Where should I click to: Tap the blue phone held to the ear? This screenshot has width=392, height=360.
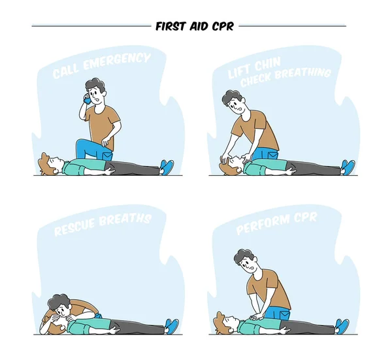86,100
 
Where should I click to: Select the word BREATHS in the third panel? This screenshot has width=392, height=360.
127,219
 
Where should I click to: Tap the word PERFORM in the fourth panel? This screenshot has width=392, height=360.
263,225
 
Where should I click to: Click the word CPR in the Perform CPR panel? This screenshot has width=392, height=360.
304,217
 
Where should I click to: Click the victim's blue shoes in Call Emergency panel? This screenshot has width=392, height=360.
167,167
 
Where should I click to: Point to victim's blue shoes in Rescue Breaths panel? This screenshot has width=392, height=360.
172,325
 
